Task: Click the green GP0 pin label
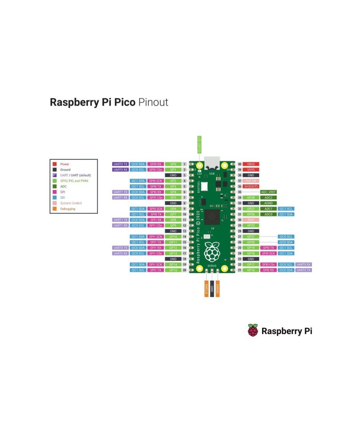pos(173,164)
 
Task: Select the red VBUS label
pos(251,164)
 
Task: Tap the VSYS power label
pos(251,170)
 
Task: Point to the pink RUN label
pos(251,220)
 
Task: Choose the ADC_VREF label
pos(269,192)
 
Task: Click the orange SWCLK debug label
pos(206,288)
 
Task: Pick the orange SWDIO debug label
pos(218,288)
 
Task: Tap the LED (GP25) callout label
pos(198,145)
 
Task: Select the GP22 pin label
pos(251,225)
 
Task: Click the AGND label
pos(269,203)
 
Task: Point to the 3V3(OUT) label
pos(251,186)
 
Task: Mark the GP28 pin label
pos(251,198)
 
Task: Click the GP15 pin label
pos(173,270)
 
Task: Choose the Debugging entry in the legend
pos(68,209)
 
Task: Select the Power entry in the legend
pos(64,164)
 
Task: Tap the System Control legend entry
pos(71,203)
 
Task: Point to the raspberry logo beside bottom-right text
pos(253,330)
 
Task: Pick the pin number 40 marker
pos(239,164)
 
